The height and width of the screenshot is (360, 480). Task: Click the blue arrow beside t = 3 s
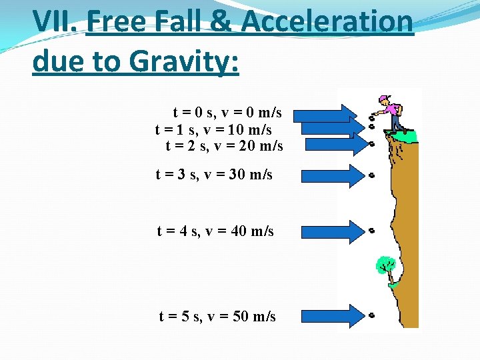[x=329, y=175]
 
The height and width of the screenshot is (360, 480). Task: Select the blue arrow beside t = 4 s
[x=329, y=231]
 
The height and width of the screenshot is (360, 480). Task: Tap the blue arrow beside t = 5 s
[x=329, y=315]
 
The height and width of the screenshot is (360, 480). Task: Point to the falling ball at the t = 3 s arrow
[x=371, y=175]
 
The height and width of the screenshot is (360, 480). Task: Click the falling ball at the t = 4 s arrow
[x=371, y=231]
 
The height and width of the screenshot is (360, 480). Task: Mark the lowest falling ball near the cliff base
[x=371, y=314]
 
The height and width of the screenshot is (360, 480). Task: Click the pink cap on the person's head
[x=383, y=100]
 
